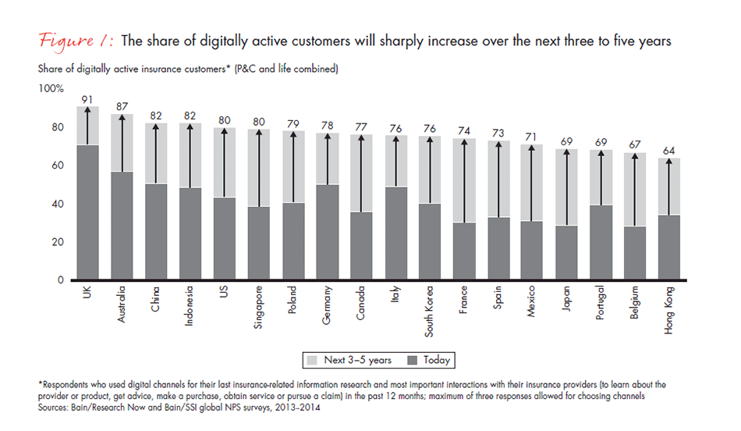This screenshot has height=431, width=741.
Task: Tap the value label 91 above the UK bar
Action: pos(87,99)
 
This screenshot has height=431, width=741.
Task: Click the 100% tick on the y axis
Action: pos(52,89)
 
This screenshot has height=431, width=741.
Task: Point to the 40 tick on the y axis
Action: pos(58,204)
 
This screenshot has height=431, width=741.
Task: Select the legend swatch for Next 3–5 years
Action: pos(312,360)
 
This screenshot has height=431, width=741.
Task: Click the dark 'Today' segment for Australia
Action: pos(122,226)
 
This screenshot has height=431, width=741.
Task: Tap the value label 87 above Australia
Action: pos(122,107)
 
